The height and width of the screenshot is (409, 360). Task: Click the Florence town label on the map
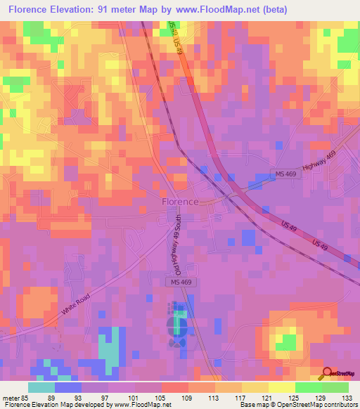[180, 201]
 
